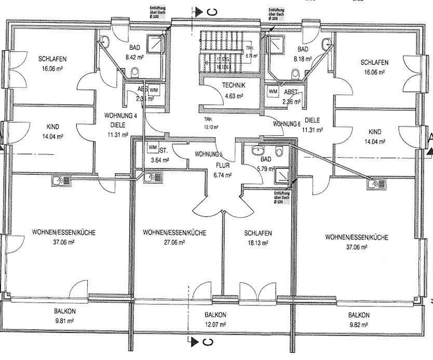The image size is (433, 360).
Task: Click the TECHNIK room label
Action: coord(226,86)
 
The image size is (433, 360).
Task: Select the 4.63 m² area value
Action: coord(226,95)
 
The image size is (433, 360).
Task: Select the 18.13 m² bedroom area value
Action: coord(258,242)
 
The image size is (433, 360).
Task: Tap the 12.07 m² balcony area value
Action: coord(215,324)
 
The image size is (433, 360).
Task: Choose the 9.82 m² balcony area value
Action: coord(359,324)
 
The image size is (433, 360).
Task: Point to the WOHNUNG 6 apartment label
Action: coord(287,124)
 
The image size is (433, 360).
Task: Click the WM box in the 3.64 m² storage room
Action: coord(153,147)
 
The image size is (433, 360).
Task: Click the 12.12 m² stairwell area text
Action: coord(211,126)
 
